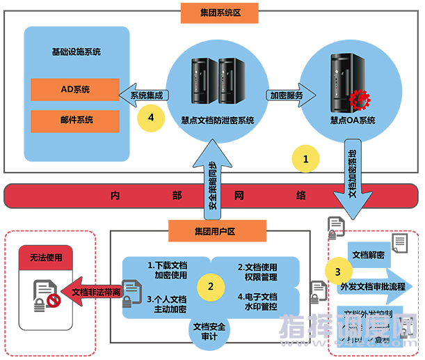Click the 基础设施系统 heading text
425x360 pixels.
(77, 52)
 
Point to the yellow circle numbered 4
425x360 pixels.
(151, 119)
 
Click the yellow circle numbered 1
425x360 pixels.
(305, 159)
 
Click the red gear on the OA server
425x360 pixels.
(360, 100)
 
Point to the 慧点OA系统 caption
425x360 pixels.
(353, 120)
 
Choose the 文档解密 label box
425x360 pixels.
(369, 254)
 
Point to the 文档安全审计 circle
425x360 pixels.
(209, 331)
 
